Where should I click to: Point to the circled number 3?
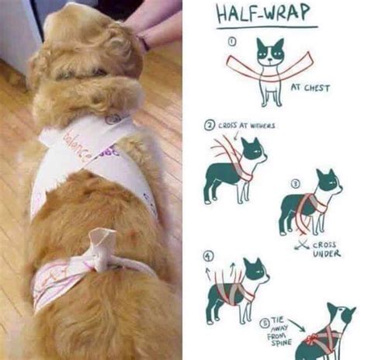295,184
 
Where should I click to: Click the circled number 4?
207,255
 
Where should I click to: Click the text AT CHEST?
311,88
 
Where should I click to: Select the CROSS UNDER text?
326,248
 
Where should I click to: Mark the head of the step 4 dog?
255,272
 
